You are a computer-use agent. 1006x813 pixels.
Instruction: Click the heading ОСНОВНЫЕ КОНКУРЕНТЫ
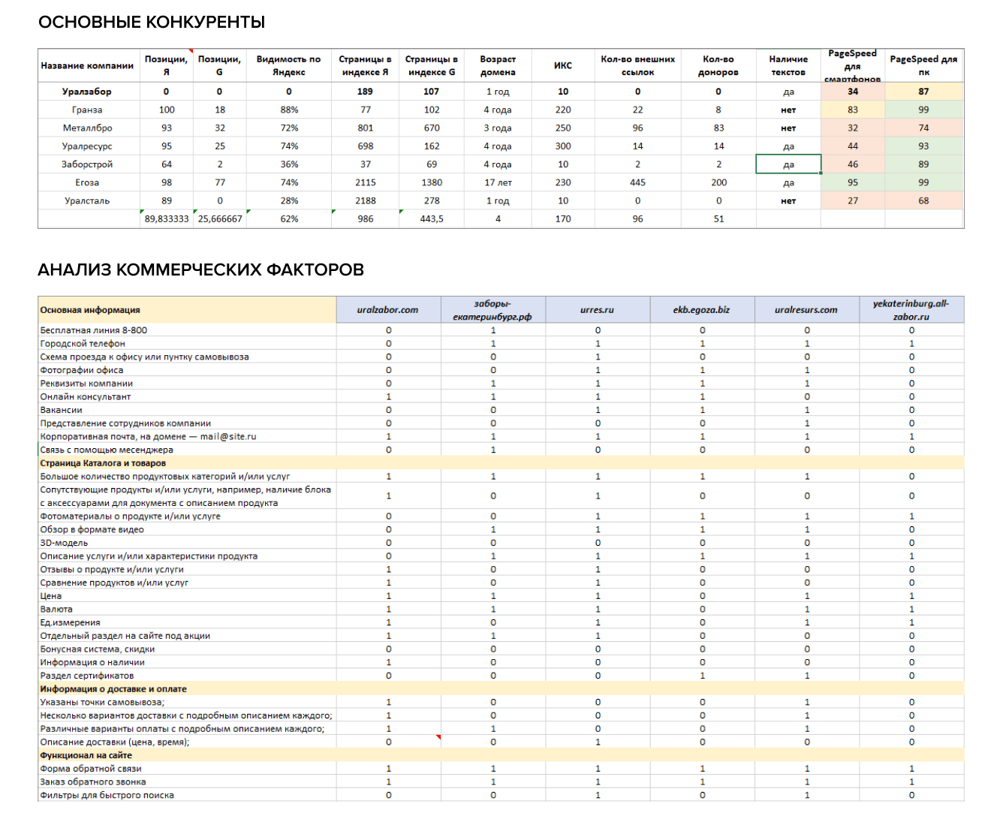152,23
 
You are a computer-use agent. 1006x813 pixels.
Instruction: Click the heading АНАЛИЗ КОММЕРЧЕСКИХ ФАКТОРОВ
200,270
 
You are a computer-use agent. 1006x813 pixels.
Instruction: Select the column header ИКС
563,66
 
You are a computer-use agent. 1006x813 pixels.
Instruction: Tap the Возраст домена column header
498,66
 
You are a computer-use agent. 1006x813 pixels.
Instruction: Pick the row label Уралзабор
87,92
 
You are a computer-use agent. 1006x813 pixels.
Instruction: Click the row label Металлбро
87,128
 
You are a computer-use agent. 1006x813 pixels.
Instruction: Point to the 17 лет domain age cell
498,182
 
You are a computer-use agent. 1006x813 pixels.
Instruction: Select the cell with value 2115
366,182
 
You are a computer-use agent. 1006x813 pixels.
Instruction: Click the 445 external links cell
637,182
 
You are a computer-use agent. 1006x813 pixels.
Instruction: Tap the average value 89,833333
167,219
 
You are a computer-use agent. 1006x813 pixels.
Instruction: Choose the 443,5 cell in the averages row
432,219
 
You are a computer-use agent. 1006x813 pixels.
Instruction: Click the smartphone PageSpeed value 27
853,201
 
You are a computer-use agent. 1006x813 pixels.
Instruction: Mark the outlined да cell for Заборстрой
788,164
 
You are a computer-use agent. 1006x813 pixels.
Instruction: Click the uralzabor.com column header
388,310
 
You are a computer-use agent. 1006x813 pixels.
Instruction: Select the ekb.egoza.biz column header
701,310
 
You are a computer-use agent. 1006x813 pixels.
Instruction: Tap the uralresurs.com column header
806,310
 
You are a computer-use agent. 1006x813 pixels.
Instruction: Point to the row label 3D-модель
65,544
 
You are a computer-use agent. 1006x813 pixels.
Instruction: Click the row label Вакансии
62,411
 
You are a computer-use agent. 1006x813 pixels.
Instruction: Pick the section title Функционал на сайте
86,756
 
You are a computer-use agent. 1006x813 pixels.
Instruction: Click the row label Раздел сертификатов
87,676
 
